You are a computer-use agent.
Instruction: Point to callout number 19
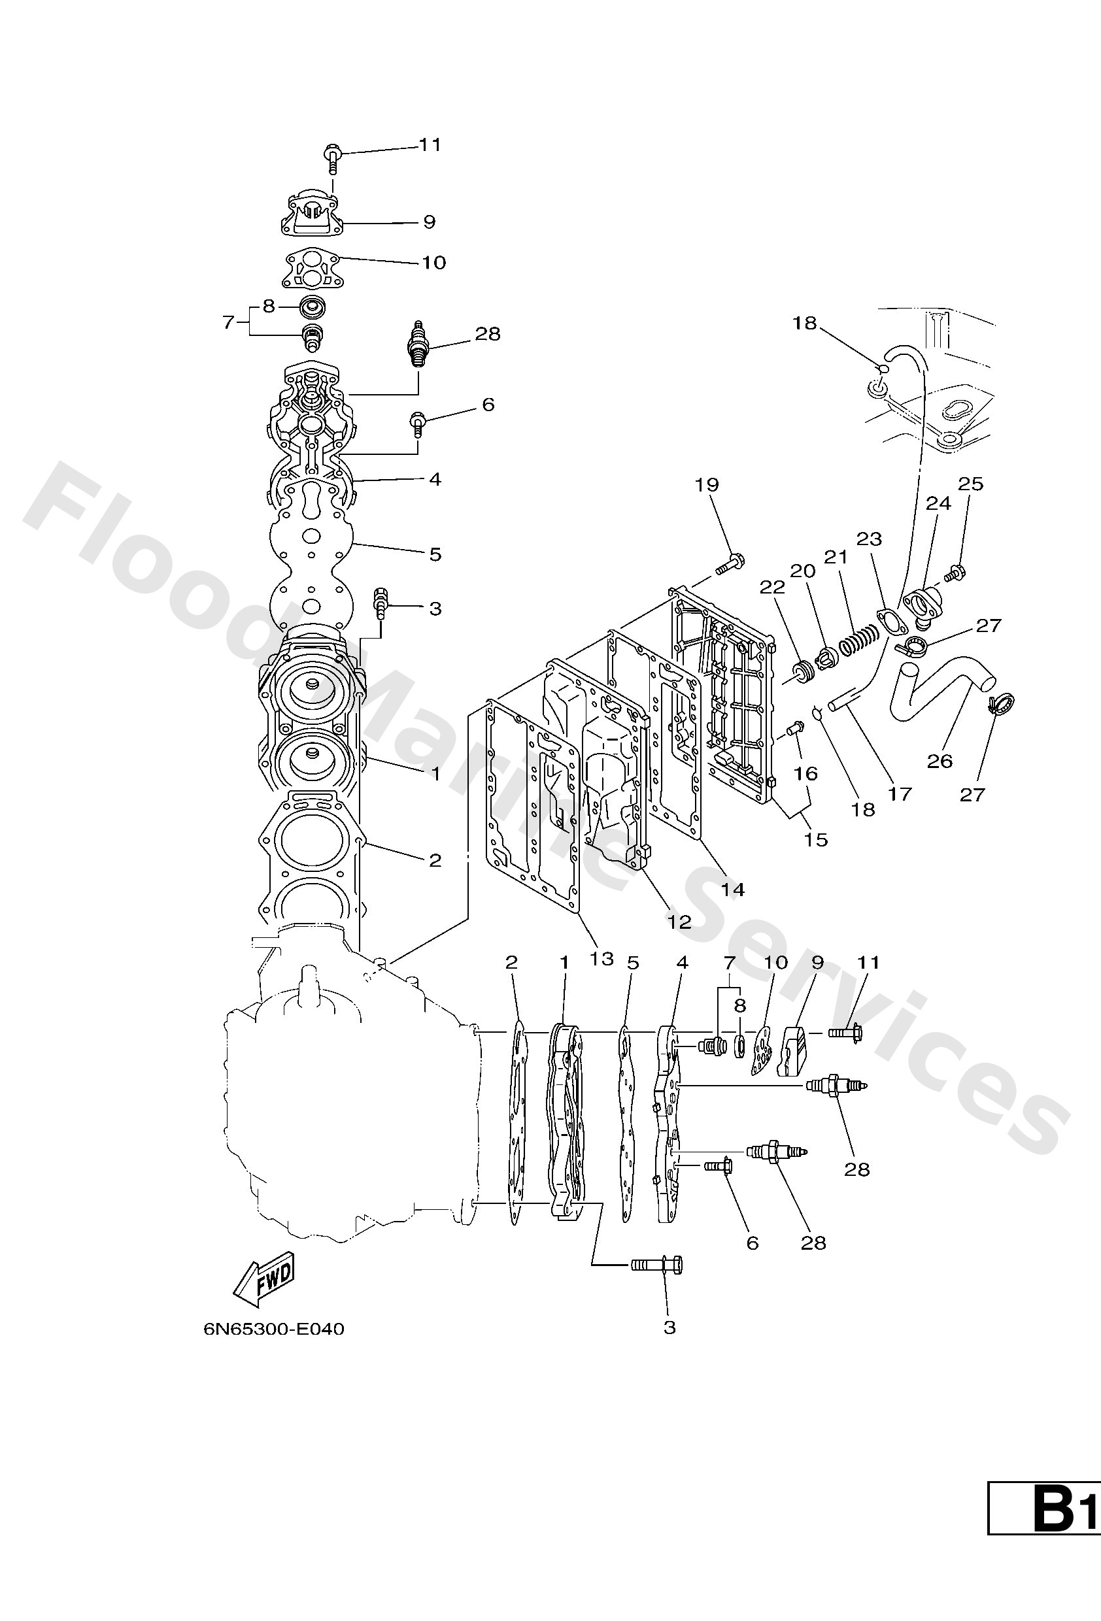[x=707, y=485]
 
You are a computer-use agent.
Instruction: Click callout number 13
[x=601, y=958]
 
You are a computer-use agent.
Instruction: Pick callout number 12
[x=679, y=922]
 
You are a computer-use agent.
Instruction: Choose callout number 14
[x=733, y=890]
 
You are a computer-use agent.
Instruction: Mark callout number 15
[x=815, y=839]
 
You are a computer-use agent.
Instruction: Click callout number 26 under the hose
[x=939, y=761]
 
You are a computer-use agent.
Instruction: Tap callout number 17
[x=900, y=793]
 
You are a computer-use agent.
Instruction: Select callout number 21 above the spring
[x=835, y=558]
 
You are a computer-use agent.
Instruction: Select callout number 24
[x=938, y=503]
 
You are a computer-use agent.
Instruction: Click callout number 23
[x=870, y=539]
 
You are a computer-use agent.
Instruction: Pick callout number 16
[x=806, y=773]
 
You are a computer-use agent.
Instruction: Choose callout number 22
[x=772, y=588]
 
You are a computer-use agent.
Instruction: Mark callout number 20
[x=802, y=571]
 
